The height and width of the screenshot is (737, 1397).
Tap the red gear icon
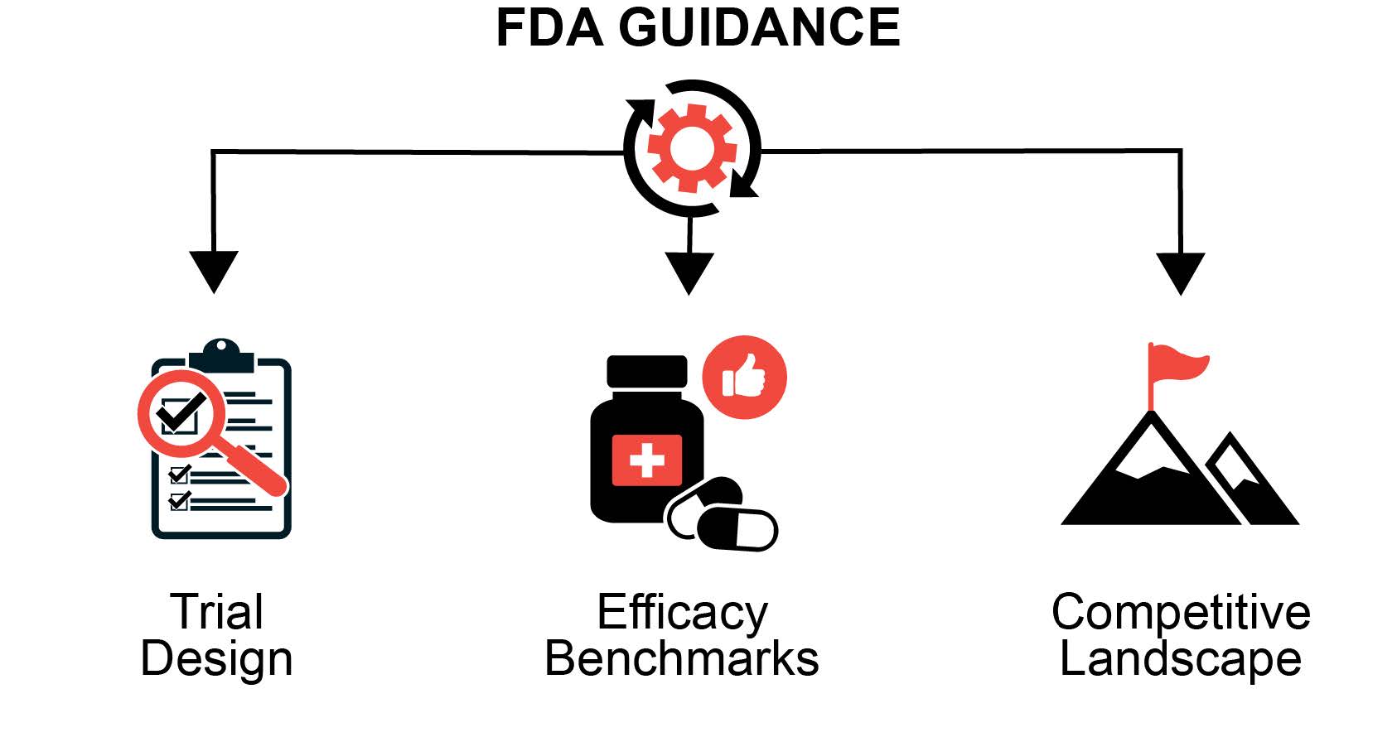click(x=692, y=148)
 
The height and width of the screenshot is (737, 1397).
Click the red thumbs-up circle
click(x=744, y=377)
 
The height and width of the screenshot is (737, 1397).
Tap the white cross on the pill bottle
click(x=646, y=460)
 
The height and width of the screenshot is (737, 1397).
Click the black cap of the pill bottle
click(x=647, y=371)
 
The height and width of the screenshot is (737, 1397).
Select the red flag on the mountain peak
click(x=1177, y=364)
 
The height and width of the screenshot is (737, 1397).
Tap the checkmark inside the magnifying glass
click(x=182, y=411)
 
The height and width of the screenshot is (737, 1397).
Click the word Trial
click(x=217, y=613)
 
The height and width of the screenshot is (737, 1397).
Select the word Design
click(x=217, y=660)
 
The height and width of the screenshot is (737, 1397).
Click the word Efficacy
click(x=682, y=613)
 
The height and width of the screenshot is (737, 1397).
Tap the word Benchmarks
click(x=682, y=659)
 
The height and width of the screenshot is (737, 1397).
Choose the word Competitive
click(x=1181, y=613)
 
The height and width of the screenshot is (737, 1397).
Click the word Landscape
click(x=1181, y=660)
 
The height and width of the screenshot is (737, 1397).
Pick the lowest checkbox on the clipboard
click(x=179, y=501)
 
